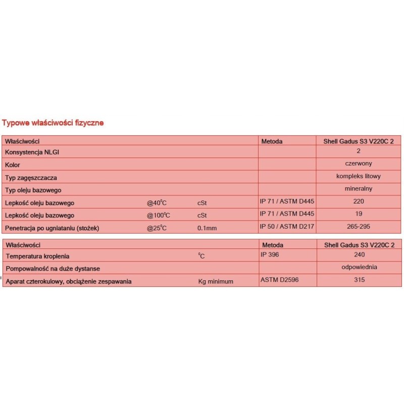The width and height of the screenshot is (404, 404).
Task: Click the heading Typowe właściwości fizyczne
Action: [x=53, y=123]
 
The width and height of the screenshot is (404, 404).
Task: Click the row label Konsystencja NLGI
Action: [x=35, y=153]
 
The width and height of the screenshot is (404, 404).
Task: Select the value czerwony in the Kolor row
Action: [x=358, y=164]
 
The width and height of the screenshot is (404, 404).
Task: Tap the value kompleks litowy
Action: [x=358, y=176]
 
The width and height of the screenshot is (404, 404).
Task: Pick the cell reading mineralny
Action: [x=358, y=188]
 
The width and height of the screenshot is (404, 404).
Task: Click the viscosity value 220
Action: [x=358, y=201]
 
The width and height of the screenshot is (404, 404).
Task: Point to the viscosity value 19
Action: [x=358, y=214]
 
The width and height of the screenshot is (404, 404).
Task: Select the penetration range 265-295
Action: [x=358, y=226]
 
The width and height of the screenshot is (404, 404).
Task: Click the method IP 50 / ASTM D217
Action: [x=287, y=226]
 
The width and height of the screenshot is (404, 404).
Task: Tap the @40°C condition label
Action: [x=157, y=203]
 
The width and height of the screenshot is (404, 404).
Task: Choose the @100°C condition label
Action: [x=158, y=216]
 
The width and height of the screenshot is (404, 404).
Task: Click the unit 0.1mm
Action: [x=207, y=228]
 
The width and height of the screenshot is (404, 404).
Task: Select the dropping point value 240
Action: [x=358, y=255]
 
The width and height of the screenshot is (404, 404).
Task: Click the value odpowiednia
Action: [x=358, y=267]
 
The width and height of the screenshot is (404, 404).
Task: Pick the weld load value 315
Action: [x=358, y=280]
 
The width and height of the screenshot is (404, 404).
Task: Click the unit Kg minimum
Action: [x=216, y=281]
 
